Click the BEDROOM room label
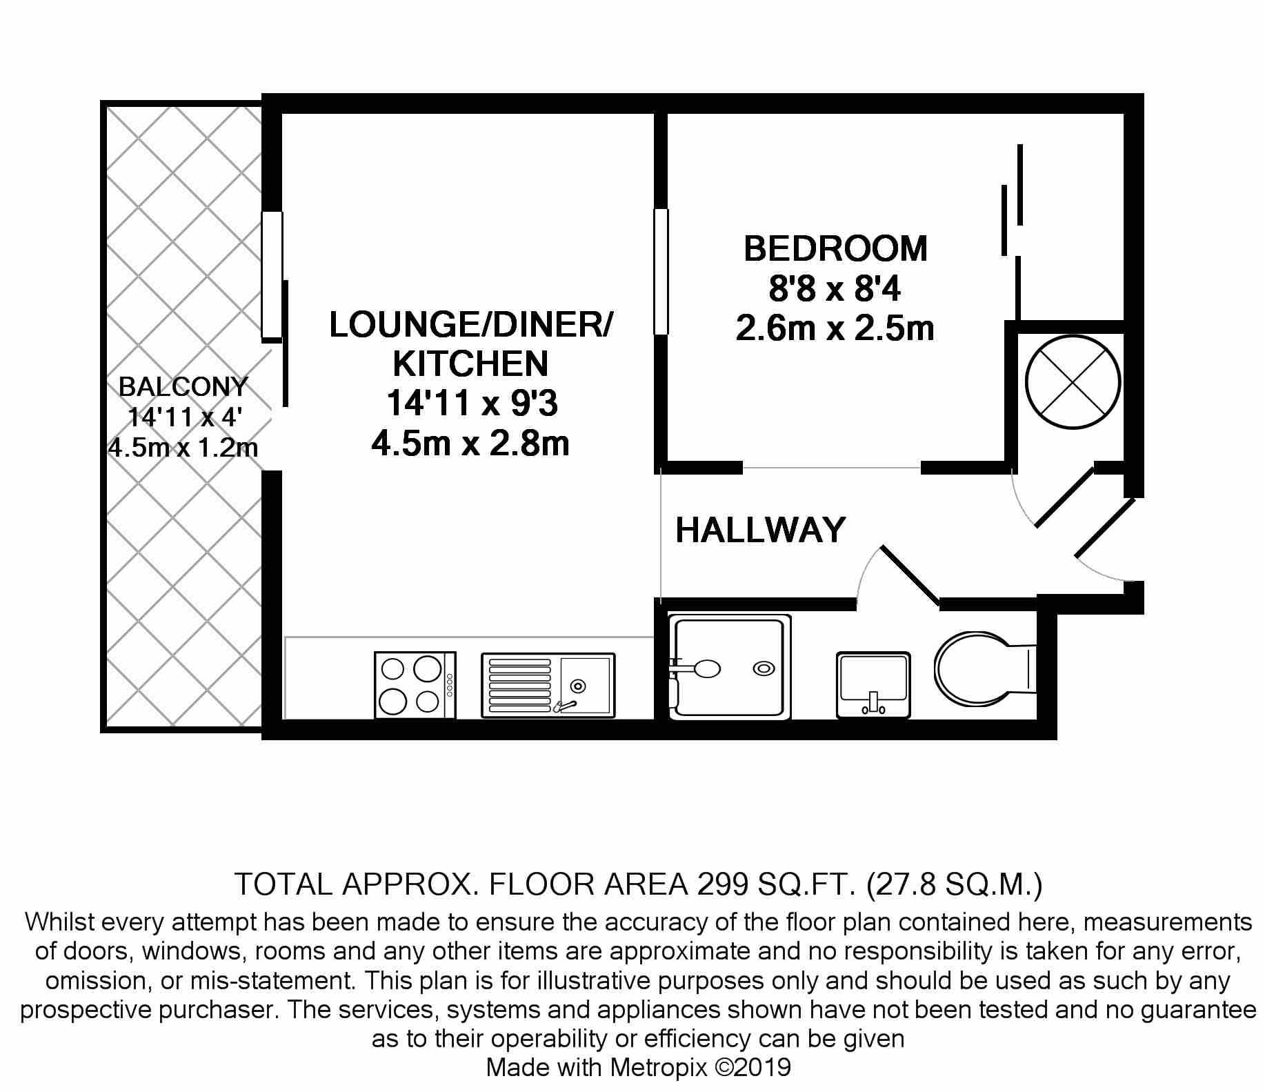tap(835, 248)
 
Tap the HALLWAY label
tap(761, 530)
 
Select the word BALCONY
tap(183, 386)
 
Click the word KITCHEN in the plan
tap(470, 364)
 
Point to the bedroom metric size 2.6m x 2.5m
tap(835, 328)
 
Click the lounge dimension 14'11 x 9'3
tap(471, 404)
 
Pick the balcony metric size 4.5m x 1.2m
tap(183, 448)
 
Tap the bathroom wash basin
tap(873, 685)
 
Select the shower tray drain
tap(763, 668)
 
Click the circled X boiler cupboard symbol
tap(1072, 382)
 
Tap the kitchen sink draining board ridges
tap(520, 685)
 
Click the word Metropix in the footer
tap(659, 1068)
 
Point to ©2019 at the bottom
tap(753, 1068)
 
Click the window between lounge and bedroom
tap(661, 272)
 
